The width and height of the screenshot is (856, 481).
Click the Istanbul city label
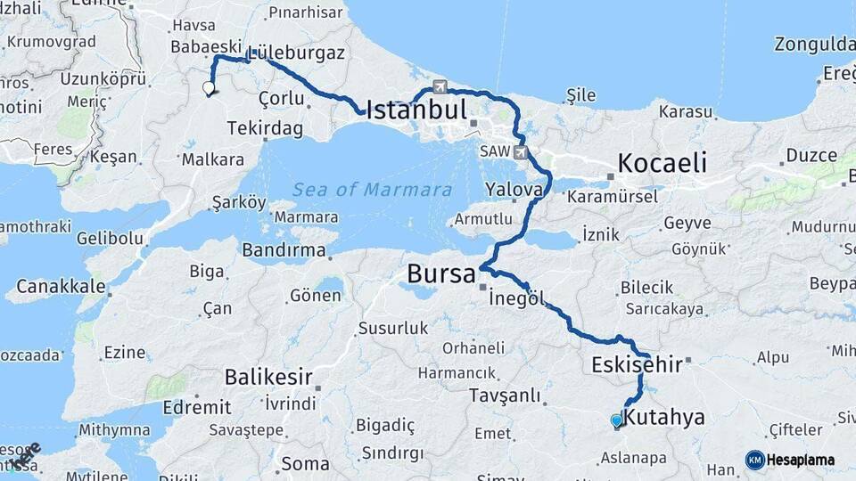pos(416,110)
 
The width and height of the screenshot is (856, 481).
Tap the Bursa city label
pos(441,274)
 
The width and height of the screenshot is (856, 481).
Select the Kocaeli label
pos(663,163)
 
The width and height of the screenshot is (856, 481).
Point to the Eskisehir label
pos(637,363)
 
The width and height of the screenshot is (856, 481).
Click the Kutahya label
pos(664,417)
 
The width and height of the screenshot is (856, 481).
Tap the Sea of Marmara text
pos(372,189)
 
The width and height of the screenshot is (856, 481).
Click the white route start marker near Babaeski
pos(209,88)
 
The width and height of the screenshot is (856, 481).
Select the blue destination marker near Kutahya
pos(616,420)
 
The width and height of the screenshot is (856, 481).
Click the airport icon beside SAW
pos(521,152)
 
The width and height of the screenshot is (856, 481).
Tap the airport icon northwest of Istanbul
pos(440,86)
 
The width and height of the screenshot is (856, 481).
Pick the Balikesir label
pos(268,377)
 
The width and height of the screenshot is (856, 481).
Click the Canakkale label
pos(61,287)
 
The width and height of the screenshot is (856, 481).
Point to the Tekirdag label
pos(265,129)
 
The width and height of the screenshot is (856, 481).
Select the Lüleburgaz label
pos(296,53)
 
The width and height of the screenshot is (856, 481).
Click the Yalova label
pos(514,189)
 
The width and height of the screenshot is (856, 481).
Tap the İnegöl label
pos(516,298)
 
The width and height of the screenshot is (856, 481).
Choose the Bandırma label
pos(284,249)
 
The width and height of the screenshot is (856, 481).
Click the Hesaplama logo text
pos(800,460)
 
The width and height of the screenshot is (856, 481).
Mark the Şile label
pos(580,94)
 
